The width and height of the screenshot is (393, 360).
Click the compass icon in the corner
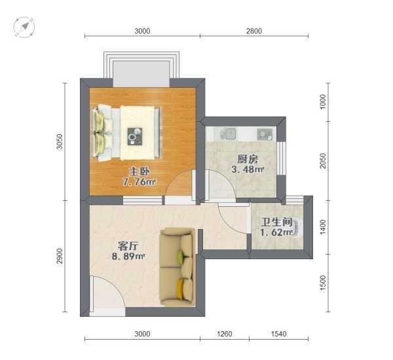click(x=24, y=27)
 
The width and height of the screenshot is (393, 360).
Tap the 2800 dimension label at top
click(x=254, y=31)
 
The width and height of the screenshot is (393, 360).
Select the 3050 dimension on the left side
click(x=60, y=142)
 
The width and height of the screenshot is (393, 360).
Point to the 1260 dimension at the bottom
click(x=225, y=334)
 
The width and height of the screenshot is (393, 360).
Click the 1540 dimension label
click(x=279, y=334)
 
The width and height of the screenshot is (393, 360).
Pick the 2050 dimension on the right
click(x=324, y=161)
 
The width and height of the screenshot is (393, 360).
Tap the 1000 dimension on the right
click(x=324, y=101)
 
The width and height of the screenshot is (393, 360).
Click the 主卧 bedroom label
click(x=139, y=171)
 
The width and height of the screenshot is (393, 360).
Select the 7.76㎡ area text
click(x=139, y=182)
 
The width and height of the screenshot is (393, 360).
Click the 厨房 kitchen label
click(x=248, y=159)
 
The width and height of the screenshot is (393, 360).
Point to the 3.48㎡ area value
click(x=248, y=170)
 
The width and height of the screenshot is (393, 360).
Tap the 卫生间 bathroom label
click(x=276, y=222)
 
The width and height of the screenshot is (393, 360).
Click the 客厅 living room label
click(x=128, y=246)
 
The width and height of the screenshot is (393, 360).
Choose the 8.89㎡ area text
click(x=128, y=257)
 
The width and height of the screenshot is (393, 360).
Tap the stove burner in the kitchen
click(x=265, y=134)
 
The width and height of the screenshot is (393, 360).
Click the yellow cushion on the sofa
click(x=181, y=289)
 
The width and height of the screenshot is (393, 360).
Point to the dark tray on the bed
click(x=135, y=137)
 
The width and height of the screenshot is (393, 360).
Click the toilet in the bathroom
click(x=297, y=228)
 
